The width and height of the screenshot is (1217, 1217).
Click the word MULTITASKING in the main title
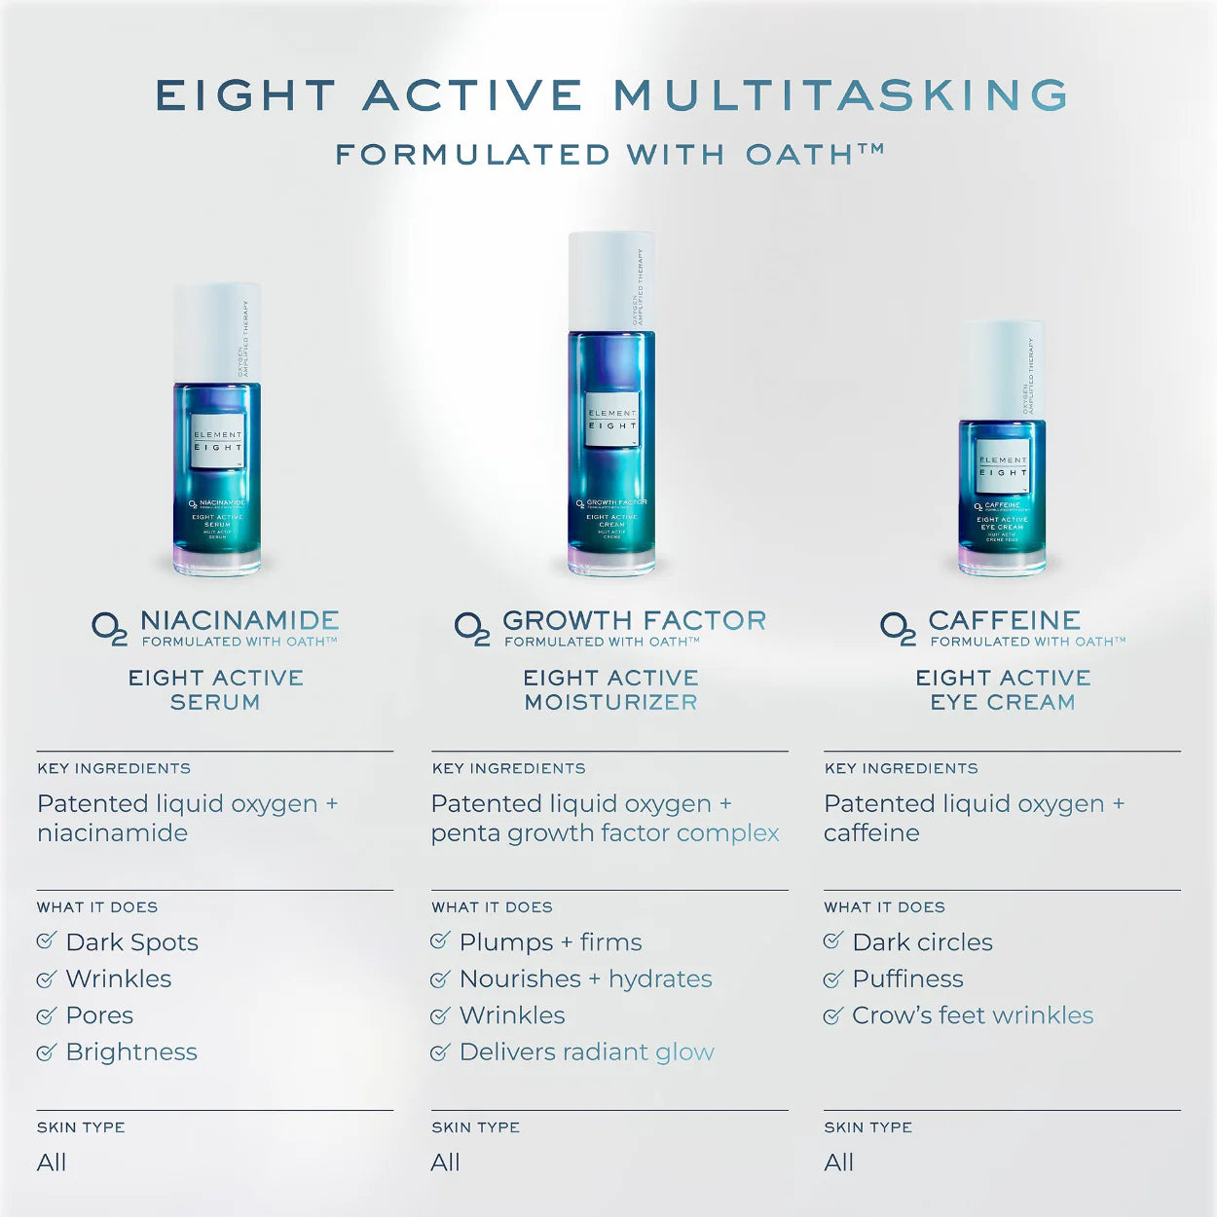click(x=841, y=95)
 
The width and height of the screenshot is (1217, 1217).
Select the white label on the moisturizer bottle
click(x=611, y=420)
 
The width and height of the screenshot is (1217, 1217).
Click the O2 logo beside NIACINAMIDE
click(x=109, y=628)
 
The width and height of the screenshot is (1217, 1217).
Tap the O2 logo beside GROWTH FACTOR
click(x=472, y=628)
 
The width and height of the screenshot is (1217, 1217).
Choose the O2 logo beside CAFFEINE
click(x=898, y=628)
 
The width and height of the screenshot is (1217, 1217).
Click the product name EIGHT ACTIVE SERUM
click(x=216, y=689)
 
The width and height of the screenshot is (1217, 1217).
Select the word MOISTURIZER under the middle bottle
click(x=610, y=702)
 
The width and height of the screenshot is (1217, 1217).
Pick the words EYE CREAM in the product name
click(x=1003, y=702)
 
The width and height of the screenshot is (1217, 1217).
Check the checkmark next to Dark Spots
click(x=46, y=940)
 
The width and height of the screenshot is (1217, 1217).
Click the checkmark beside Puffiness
click(x=832, y=978)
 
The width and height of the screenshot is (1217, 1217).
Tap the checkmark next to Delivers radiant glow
click(x=440, y=1051)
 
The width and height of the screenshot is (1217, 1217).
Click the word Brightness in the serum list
click(x=131, y=1051)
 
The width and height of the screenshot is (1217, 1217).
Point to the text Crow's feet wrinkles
click(x=973, y=1015)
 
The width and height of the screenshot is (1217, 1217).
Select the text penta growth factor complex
click(x=605, y=833)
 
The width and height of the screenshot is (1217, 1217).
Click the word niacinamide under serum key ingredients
click(x=112, y=833)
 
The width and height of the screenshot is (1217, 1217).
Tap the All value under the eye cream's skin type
click(x=838, y=1162)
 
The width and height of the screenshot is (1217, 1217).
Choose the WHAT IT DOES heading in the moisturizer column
click(x=492, y=907)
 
